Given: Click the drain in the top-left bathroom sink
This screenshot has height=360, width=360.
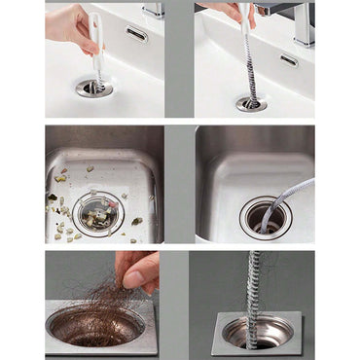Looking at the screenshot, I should [x=93, y=89].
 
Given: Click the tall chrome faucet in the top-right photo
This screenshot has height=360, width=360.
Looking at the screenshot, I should [x=304, y=24].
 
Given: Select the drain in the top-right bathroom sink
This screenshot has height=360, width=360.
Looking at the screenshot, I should [x=252, y=101].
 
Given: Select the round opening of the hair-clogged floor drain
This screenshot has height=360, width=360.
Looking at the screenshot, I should [x=94, y=326].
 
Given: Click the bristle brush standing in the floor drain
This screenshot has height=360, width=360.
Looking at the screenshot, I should [x=256, y=287].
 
